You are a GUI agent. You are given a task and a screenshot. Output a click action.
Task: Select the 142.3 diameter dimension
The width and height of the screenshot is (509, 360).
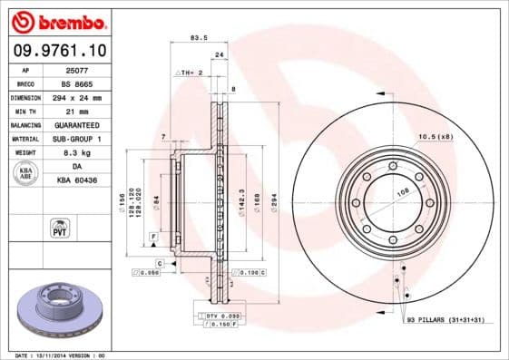click(x=240, y=198)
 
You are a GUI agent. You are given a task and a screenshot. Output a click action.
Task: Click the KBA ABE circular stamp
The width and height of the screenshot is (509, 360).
click(x=26, y=173)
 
